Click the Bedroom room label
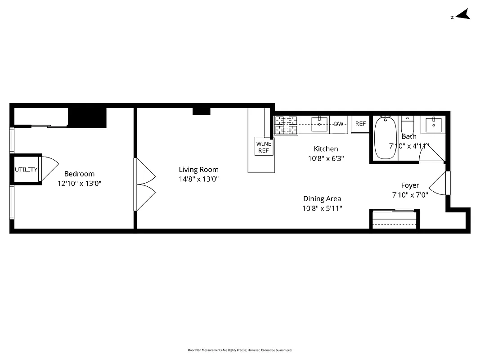(x=79, y=174)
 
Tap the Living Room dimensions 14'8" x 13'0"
(x=198, y=179)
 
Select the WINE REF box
(x=264, y=147)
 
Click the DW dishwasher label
(x=338, y=124)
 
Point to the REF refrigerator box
(x=360, y=124)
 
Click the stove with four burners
(x=286, y=125)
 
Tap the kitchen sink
(x=319, y=124)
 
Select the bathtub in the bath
(x=386, y=138)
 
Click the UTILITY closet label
(x=26, y=170)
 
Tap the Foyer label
(x=410, y=185)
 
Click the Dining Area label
(x=322, y=198)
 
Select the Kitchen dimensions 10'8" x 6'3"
(x=326, y=158)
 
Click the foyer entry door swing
(x=439, y=184)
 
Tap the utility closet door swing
(x=48, y=169)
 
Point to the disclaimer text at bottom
(x=240, y=350)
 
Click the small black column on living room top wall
(x=201, y=112)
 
